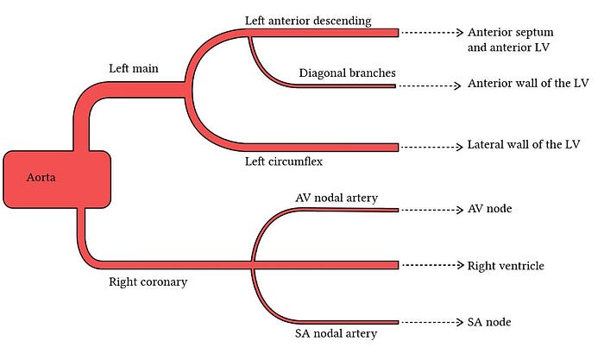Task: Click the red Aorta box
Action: [57, 179]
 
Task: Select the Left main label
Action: [135, 68]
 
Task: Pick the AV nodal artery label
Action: [337, 199]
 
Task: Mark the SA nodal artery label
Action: [336, 332]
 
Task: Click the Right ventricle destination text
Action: [506, 266]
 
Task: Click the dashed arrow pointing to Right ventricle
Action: [431, 265]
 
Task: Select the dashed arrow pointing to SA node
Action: [431, 322]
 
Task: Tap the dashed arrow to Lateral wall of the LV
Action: [431, 147]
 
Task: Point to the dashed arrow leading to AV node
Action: [431, 210]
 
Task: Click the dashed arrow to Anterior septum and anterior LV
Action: [431, 32]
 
